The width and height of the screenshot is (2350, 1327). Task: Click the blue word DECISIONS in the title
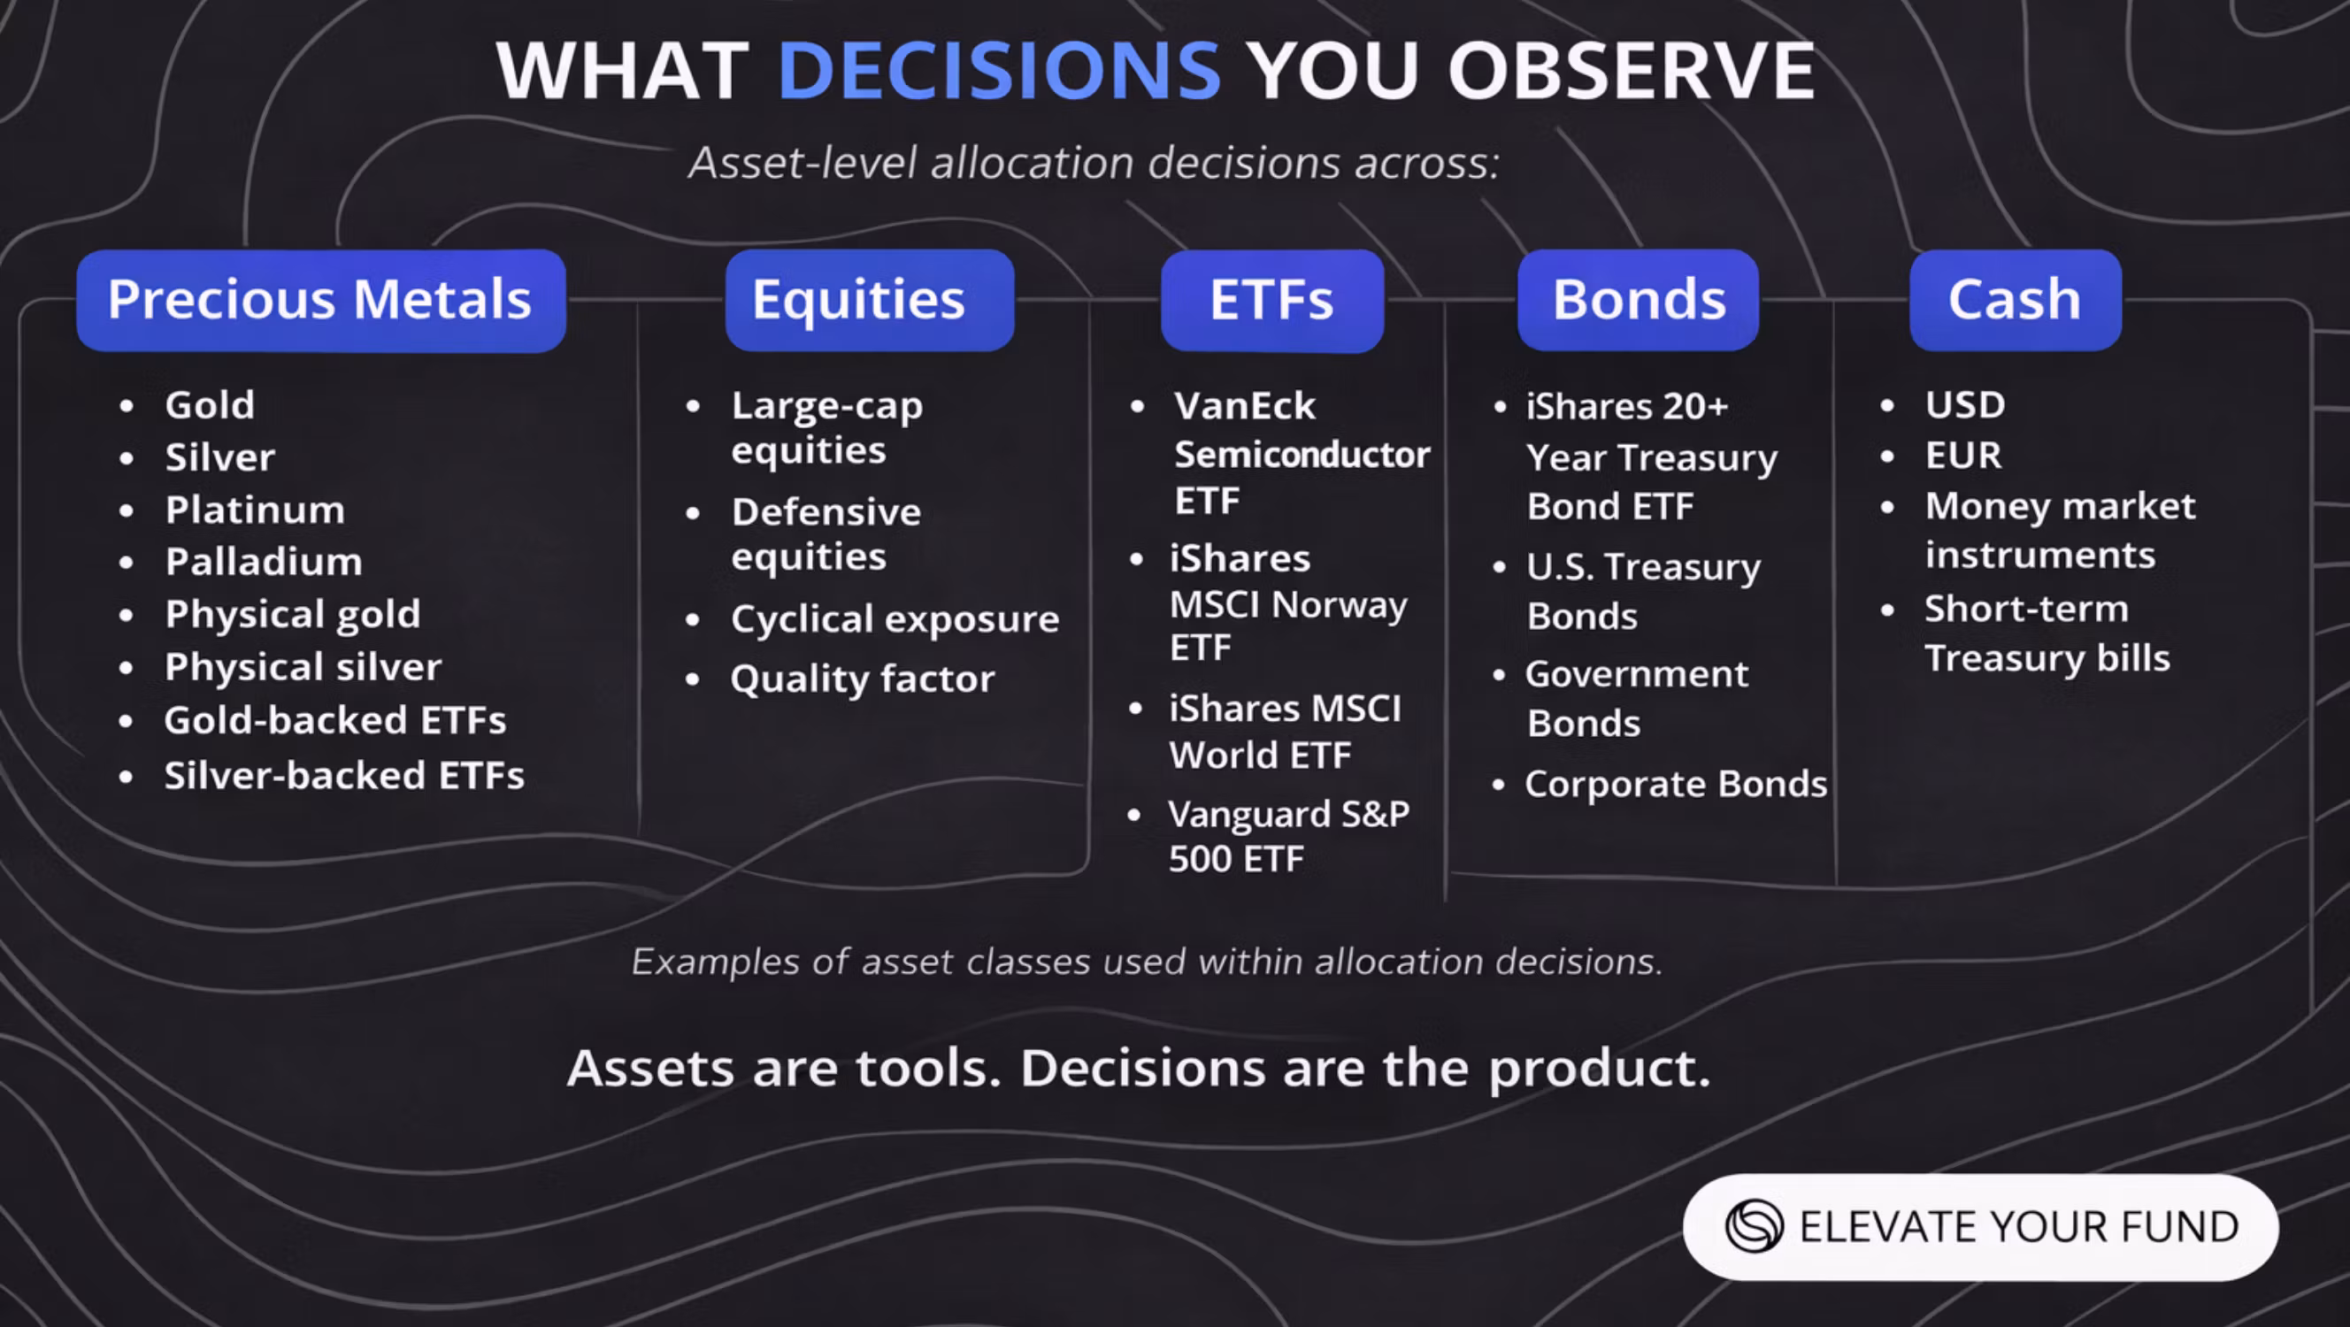click(999, 70)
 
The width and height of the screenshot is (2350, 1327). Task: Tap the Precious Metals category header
click(321, 300)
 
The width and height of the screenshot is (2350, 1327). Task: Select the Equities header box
click(870, 300)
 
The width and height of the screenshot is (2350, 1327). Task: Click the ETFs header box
click(1271, 300)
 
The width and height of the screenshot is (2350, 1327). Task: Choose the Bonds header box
click(1639, 300)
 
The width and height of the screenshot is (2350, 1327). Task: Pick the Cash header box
click(2016, 300)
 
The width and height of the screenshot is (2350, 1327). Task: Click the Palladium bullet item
click(264, 562)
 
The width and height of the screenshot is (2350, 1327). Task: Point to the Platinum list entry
click(256, 510)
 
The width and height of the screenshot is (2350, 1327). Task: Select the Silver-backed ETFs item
click(344, 775)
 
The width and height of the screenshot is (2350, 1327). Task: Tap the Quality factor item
click(862, 679)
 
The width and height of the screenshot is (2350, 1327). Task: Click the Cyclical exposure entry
click(895, 619)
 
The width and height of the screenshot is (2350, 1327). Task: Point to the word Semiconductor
click(1302, 454)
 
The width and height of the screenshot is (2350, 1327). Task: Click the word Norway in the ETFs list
click(1340, 606)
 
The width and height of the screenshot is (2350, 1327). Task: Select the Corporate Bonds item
click(1676, 785)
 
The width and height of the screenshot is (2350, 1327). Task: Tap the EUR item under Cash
click(1963, 455)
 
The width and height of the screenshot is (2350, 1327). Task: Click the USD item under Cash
click(1965, 405)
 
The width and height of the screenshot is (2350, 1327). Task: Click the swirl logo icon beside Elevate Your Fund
click(1754, 1227)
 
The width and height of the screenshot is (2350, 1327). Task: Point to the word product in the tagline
click(1599, 1069)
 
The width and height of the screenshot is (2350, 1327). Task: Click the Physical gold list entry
click(293, 615)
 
